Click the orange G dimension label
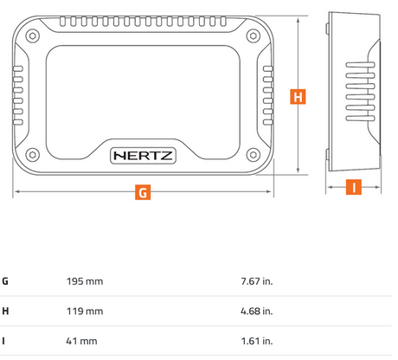[x=143, y=192]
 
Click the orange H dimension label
[x=298, y=96]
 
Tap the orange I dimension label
[x=354, y=187]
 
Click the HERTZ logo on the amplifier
[x=143, y=156]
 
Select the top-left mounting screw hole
[x=33, y=35]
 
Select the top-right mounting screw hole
[x=254, y=35]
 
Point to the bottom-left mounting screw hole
[x=33, y=155]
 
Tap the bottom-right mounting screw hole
[x=254, y=155]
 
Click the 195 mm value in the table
[x=85, y=281]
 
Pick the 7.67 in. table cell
[x=257, y=281]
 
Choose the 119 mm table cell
[x=85, y=312]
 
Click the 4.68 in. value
[x=257, y=312]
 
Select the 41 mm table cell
[x=81, y=341]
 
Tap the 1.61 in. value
[x=257, y=341]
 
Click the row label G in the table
[x=5, y=281]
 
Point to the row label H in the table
[x=5, y=312]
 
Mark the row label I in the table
[x=3, y=341]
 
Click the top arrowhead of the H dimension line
[x=298, y=20]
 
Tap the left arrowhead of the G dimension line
[x=17, y=191]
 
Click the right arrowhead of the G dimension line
[x=268, y=191]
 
